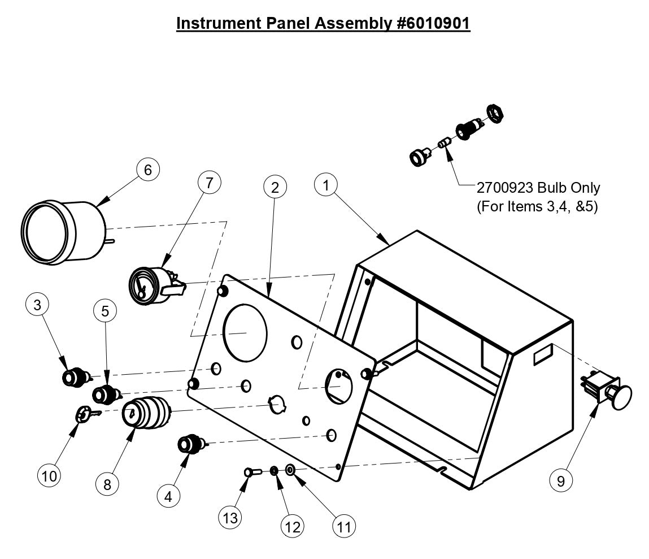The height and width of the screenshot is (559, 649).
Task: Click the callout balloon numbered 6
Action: click(x=148, y=170)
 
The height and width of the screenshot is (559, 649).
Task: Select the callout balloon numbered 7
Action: click(x=209, y=182)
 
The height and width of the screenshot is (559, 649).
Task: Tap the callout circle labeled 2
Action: click(x=275, y=188)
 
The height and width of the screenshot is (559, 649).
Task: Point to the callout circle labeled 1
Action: click(x=326, y=185)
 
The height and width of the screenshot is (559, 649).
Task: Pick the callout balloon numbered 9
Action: click(x=561, y=480)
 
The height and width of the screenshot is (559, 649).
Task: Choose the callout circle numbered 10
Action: click(x=50, y=476)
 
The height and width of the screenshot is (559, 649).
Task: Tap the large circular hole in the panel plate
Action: click(x=245, y=332)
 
